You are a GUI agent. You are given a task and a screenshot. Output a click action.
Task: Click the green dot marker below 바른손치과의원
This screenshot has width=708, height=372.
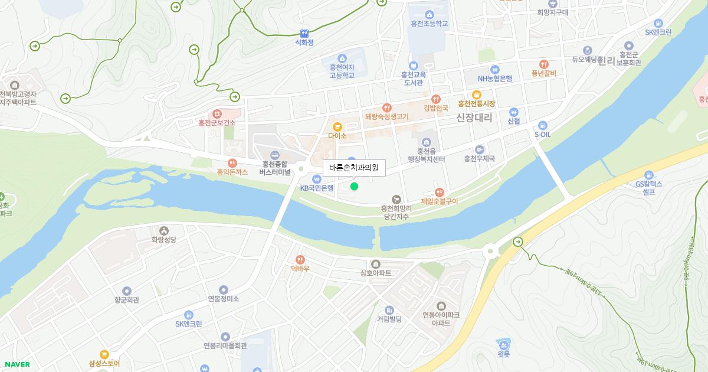[x=354, y=187]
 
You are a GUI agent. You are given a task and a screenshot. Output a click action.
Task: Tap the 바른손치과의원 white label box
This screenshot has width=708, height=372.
[x=354, y=168]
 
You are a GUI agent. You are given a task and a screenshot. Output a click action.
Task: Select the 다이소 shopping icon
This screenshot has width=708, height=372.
[x=337, y=126]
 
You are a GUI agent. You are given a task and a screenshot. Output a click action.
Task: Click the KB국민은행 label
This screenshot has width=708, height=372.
[x=317, y=188]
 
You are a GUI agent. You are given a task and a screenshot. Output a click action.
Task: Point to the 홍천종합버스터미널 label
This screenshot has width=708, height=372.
[x=275, y=168]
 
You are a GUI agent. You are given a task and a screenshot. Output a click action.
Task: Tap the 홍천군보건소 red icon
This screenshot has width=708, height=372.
[x=217, y=113]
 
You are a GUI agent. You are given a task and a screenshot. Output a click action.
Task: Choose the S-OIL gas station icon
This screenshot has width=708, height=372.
[x=543, y=125]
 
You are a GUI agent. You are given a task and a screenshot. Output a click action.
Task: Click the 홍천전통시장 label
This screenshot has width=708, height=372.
[x=476, y=104]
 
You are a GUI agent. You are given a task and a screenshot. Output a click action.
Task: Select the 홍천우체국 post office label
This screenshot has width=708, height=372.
[x=479, y=159]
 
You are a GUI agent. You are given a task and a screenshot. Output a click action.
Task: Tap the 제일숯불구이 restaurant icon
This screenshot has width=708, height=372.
[x=439, y=192]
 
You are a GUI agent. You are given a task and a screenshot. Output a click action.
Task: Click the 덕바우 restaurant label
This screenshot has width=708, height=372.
[x=300, y=269]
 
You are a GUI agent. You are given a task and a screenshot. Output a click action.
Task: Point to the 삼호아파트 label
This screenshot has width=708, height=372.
[x=375, y=273]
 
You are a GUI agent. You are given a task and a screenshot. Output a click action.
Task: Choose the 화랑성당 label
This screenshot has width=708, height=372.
[x=163, y=240]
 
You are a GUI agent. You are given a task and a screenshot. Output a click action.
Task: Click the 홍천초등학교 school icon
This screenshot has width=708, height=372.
[x=429, y=14]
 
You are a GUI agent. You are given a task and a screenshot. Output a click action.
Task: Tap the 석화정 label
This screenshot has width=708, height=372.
[x=304, y=43]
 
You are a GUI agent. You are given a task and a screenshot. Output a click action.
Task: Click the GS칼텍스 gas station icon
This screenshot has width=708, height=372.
[x=649, y=175]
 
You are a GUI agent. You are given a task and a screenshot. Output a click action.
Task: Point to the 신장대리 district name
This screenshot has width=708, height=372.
[x=474, y=118]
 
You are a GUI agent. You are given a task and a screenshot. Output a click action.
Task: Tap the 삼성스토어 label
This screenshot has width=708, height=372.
[x=104, y=364]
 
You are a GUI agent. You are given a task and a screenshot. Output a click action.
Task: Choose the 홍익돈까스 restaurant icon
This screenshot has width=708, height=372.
[x=232, y=163]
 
